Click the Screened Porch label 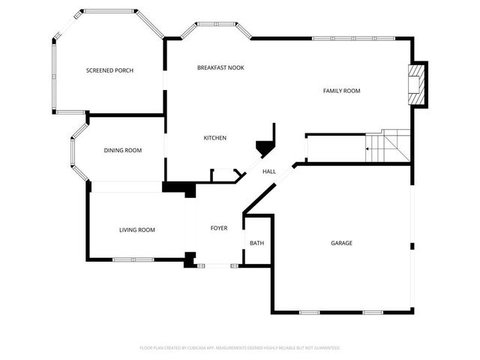click(109, 70)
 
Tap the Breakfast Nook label click(220, 67)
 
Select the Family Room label click(341, 91)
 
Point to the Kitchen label click(215, 138)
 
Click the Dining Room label click(122, 151)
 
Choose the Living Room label click(136, 229)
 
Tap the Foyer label click(218, 228)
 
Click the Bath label click(256, 243)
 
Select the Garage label click(341, 243)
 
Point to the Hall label click(268, 172)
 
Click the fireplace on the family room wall click(415, 85)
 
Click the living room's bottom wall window click(133, 260)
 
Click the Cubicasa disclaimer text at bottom click(240, 348)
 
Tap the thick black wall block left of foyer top click(178, 187)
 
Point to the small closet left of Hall click(224, 175)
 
